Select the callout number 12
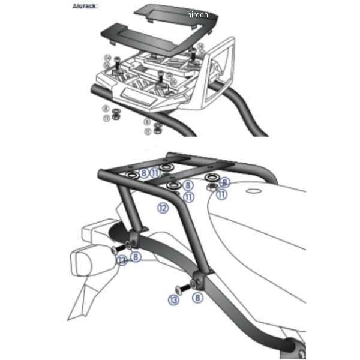coord(161,208)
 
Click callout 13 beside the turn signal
coord(122,260)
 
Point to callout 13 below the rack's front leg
coord(174,300)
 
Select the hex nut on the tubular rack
coord(212,186)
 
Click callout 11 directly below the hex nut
coord(221,194)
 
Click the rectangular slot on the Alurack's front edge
coord(139,97)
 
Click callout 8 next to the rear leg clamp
coord(137,257)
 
